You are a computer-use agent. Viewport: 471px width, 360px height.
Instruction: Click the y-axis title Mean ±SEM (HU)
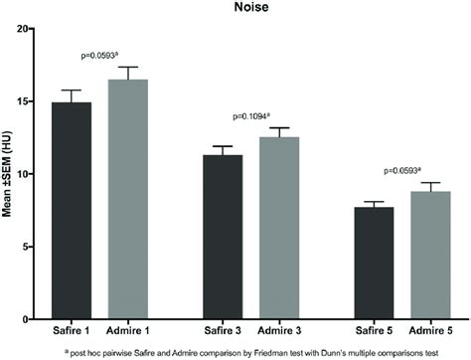pyautogui.click(x=11, y=175)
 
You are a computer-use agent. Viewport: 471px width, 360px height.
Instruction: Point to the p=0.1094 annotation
pyautogui.click(x=259, y=115)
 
